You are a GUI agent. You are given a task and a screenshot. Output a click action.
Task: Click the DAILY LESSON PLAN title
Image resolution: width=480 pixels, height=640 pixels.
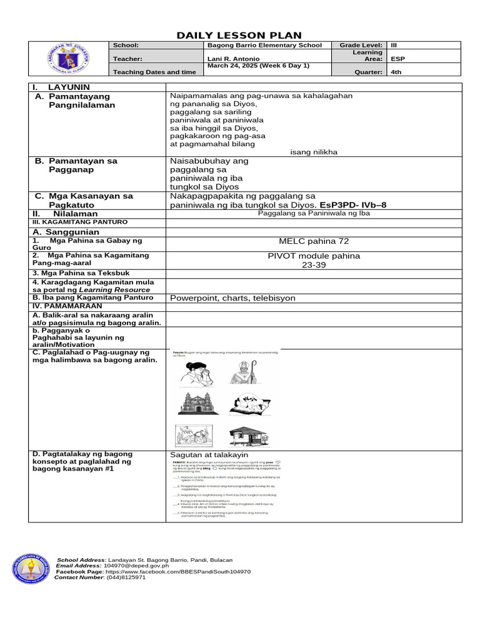pos(241,36)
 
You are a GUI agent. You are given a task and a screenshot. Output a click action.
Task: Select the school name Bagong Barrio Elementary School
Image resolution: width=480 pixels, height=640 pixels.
pos(264,46)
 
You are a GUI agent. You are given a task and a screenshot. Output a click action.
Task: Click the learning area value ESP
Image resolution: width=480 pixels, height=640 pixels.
pos(397,59)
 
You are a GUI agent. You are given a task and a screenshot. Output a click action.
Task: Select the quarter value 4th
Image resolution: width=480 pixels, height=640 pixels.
pos(396,72)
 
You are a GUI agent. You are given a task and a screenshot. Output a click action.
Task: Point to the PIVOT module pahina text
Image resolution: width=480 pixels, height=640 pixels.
pos(314,256)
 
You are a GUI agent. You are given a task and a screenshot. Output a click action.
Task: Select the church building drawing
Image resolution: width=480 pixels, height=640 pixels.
pos(197,403)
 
